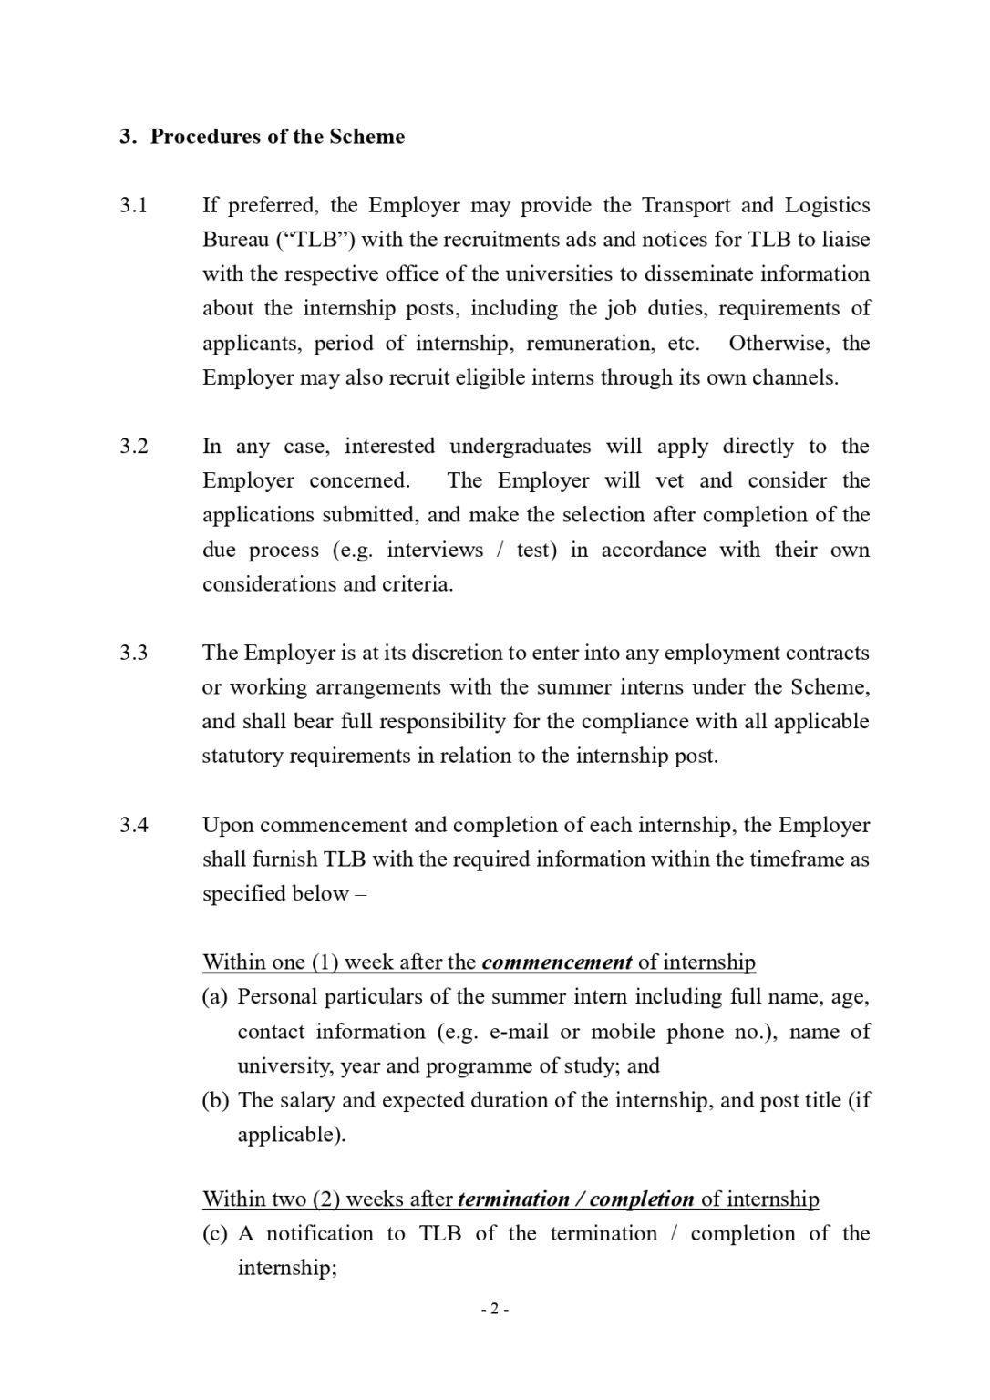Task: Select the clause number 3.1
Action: coord(133,206)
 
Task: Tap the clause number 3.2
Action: coord(133,447)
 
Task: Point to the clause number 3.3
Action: coord(133,654)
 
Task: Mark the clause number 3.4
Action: coord(133,826)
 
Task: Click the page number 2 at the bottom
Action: coord(494,1310)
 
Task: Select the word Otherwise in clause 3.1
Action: coord(779,344)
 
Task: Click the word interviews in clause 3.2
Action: coord(435,551)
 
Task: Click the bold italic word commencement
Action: coord(556,962)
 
